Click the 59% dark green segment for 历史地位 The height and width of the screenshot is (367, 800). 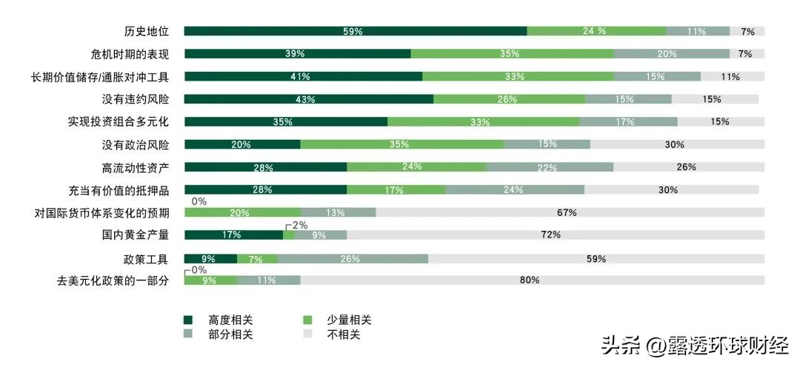point(355,31)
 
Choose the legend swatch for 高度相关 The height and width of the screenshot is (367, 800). point(188,320)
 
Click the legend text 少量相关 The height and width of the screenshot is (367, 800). point(348,320)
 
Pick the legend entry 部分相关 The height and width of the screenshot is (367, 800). point(230,334)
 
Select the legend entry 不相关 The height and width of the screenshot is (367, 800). point(343,334)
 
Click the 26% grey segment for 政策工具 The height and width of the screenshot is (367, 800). point(352,259)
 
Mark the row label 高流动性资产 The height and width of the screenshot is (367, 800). point(136,167)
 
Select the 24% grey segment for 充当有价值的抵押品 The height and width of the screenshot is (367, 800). point(514,190)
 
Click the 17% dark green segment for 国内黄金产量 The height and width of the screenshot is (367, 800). point(233,235)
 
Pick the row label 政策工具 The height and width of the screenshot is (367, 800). point(147,259)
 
